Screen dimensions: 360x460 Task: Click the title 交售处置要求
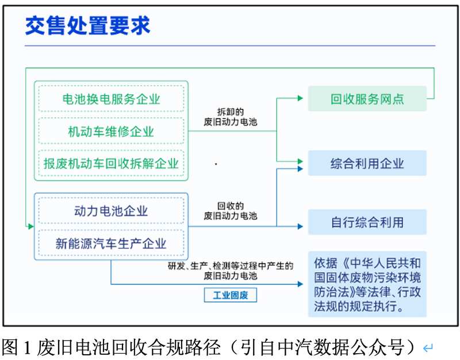(87, 26)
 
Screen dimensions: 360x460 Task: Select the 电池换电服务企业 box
(111, 99)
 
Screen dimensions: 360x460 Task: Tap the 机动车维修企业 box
(111, 131)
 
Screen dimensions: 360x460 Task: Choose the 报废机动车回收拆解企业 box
(111, 163)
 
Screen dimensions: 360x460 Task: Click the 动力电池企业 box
(111, 210)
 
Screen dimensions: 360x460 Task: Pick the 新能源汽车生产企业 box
(111, 243)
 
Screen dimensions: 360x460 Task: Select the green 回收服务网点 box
(367, 99)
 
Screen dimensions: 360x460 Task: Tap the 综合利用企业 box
(367, 163)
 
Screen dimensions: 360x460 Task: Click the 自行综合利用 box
(367, 222)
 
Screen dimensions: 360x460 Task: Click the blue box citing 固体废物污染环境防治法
(367, 284)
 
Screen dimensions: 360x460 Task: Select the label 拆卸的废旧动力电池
(231, 116)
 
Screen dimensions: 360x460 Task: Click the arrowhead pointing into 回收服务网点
(300, 99)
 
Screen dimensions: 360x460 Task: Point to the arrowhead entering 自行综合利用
(300, 226)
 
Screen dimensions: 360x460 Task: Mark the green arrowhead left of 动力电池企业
(30, 226)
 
